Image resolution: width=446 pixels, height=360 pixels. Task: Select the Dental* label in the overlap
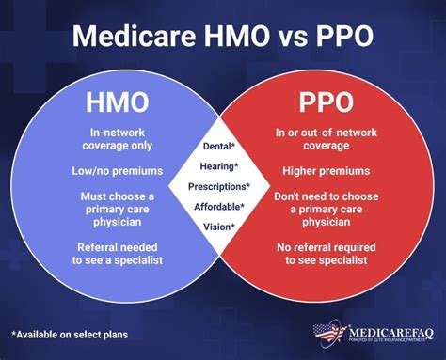[223, 146]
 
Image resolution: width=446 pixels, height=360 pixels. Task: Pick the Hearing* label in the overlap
[223, 165]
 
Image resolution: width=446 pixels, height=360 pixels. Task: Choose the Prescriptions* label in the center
[223, 186]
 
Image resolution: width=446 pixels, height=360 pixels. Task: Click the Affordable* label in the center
[223, 206]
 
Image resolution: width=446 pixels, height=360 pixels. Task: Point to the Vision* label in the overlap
[223, 227]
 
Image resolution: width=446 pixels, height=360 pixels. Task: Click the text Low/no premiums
[117, 171]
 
